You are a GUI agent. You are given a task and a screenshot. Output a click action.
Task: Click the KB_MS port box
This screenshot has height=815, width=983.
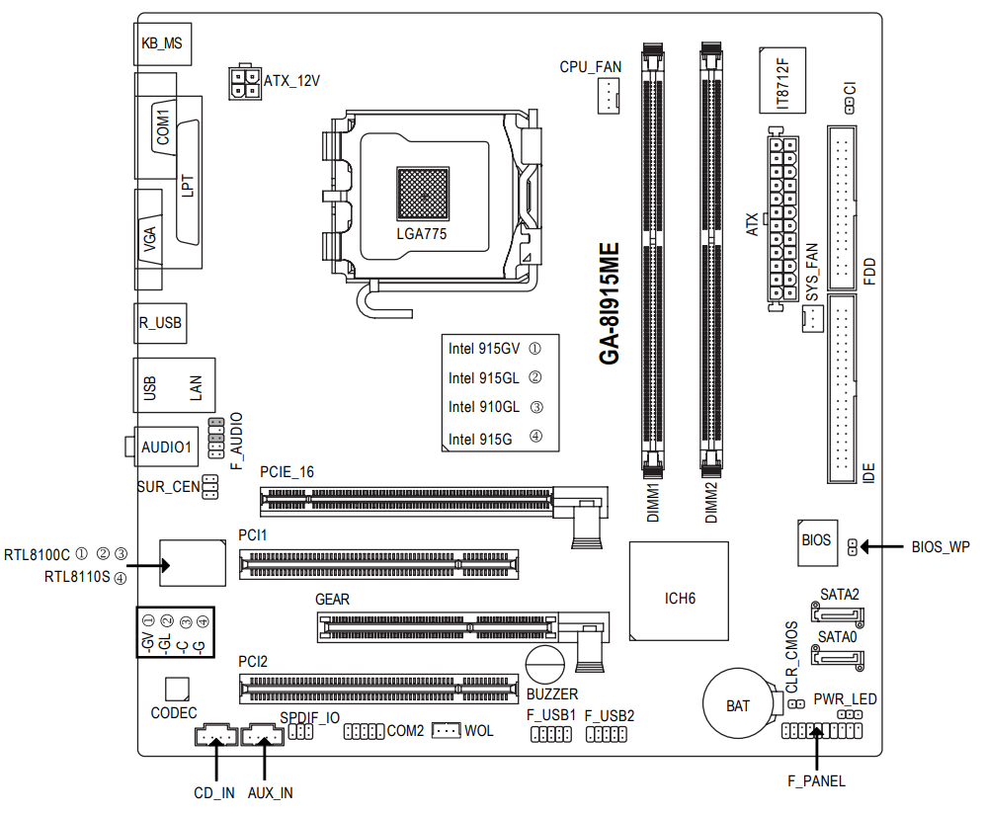(x=161, y=43)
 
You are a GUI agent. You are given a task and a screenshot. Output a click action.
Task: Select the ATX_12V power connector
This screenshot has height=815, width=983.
(x=242, y=83)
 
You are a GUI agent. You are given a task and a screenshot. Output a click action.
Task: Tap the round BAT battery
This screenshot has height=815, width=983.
(x=737, y=705)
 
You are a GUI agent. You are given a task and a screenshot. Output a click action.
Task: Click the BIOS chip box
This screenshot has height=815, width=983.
(x=816, y=541)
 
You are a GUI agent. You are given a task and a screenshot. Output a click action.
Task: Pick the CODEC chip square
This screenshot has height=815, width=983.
(x=176, y=689)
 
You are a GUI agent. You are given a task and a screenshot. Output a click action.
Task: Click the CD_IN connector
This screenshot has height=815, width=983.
(x=214, y=737)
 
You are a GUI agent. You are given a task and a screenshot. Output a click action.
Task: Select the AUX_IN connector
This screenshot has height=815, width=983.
(x=262, y=737)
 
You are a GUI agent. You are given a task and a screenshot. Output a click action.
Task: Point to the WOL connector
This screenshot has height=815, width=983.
(x=447, y=731)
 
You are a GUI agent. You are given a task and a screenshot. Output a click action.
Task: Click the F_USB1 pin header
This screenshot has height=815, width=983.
(x=551, y=735)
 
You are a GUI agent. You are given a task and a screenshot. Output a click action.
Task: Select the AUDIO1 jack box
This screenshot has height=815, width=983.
(x=166, y=447)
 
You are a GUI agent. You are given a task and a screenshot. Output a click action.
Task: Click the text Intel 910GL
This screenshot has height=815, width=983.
(x=483, y=407)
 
